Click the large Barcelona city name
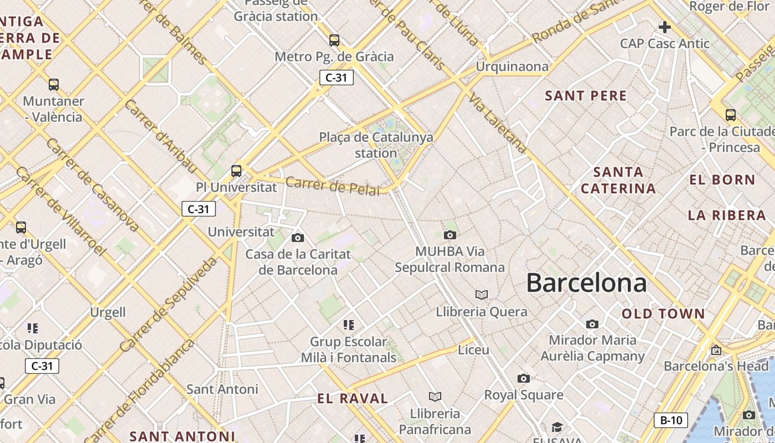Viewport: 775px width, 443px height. tap(586, 283)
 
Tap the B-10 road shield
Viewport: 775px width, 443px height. tap(671, 420)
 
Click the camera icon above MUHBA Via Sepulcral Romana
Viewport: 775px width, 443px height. tap(450, 235)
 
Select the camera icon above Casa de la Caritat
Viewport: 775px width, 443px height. tap(298, 238)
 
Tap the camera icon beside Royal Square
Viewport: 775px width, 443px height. tap(523, 379)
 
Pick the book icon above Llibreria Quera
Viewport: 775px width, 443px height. tap(482, 295)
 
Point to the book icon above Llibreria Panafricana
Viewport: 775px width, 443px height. tap(435, 396)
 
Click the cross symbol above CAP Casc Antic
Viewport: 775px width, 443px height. tap(664, 27)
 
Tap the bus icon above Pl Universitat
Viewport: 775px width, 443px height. tap(236, 171)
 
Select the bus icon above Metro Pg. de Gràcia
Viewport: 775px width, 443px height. tap(334, 40)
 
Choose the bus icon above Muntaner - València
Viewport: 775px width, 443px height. tap(54, 85)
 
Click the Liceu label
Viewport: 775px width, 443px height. tap(474, 350)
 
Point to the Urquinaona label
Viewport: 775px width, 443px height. tap(512, 67)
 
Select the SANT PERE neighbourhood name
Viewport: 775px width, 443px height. tap(586, 96)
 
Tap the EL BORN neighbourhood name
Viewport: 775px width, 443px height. tap(722, 180)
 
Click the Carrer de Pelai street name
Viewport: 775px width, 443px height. tap(333, 186)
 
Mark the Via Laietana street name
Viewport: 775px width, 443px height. tap(498, 123)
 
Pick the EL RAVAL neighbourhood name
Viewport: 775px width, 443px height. tap(353, 398)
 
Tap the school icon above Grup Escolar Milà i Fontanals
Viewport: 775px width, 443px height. tap(348, 324)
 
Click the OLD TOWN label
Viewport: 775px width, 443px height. tap(663, 314)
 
